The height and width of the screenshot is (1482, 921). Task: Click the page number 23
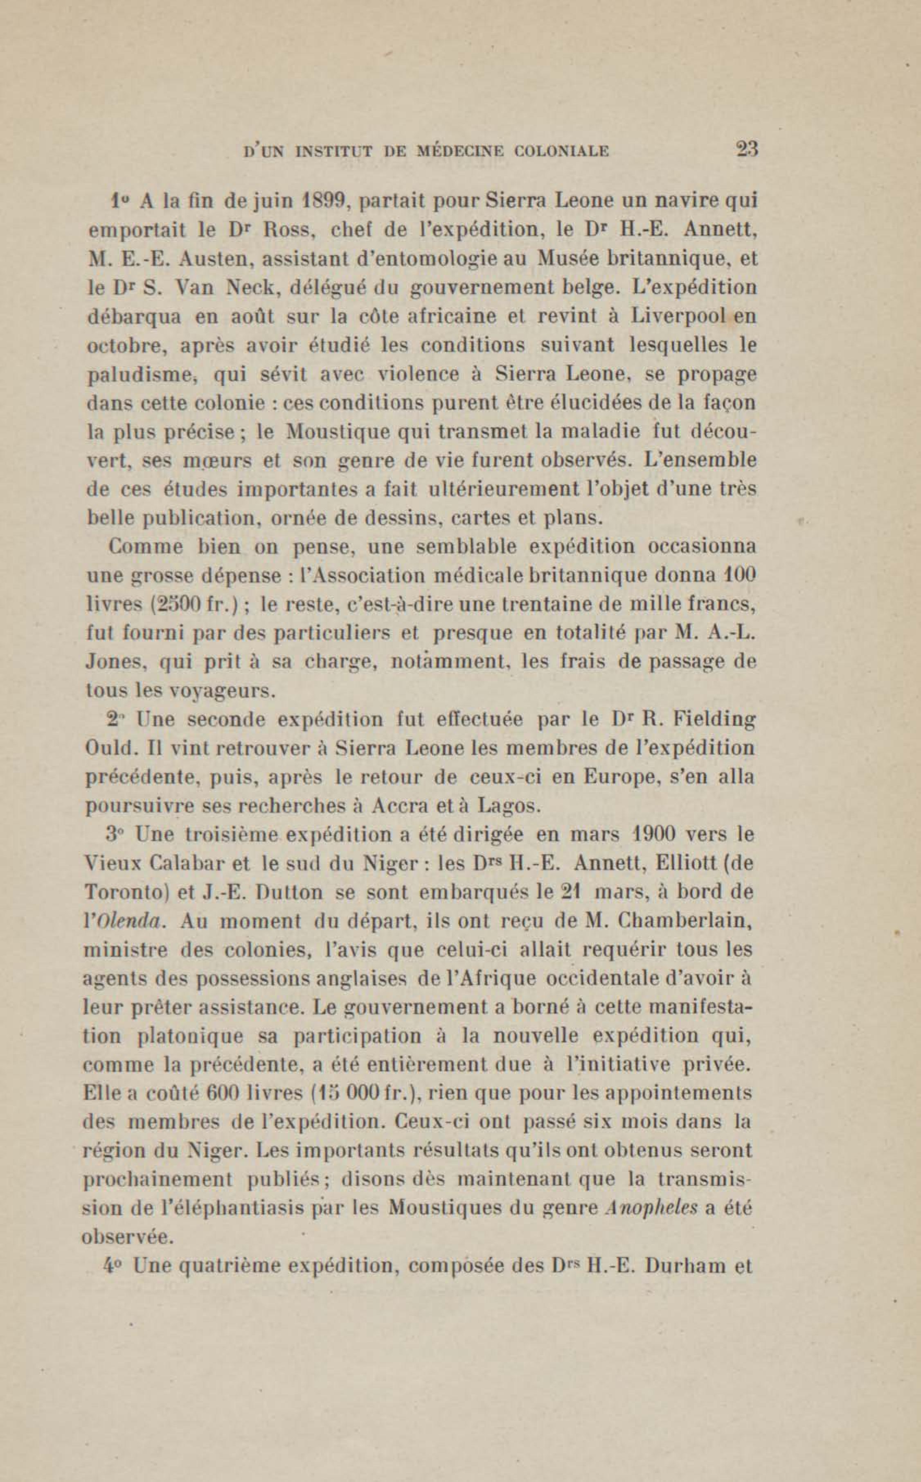click(745, 149)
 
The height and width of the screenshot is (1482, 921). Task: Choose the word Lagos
click(507, 808)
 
